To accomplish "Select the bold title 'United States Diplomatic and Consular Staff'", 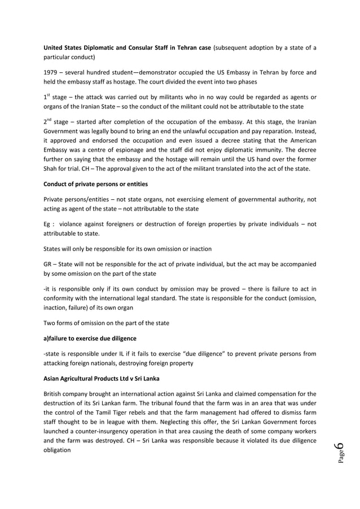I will click(113, 47).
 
